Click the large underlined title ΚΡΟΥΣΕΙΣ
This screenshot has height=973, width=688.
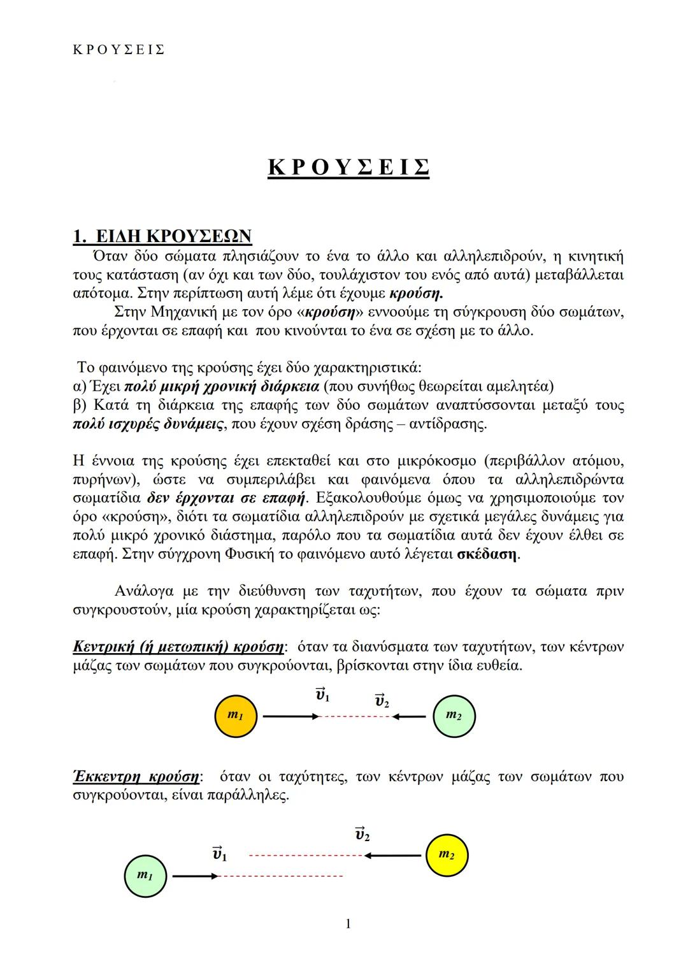click(348, 167)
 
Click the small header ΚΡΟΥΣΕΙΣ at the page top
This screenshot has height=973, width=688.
click(118, 50)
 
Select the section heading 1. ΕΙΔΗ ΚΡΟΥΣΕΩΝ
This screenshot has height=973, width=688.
click(163, 236)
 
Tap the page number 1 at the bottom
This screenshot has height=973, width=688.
click(348, 923)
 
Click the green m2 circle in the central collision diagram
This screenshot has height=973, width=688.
click(454, 716)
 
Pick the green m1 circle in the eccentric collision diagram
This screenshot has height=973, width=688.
click(145, 877)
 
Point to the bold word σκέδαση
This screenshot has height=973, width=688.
click(487, 554)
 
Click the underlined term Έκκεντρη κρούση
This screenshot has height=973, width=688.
click(136, 777)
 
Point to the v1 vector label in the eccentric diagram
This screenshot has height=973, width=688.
click(219, 854)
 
